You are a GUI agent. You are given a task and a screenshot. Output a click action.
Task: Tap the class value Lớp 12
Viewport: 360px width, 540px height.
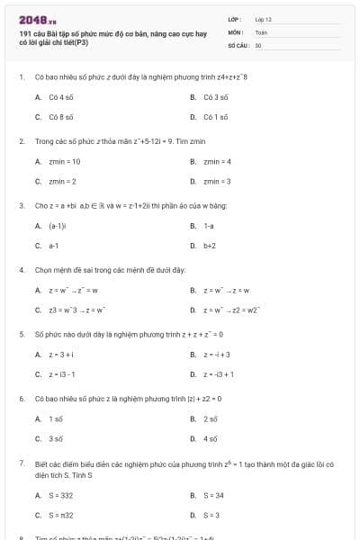(263, 19)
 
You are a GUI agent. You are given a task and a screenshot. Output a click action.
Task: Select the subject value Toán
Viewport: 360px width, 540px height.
(261, 31)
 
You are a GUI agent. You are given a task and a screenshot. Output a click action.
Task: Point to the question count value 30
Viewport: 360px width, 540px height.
(258, 44)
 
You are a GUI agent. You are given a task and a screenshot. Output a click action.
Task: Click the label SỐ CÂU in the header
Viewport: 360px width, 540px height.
(238, 44)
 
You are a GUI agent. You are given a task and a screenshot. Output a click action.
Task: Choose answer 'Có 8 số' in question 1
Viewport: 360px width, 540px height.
(60, 116)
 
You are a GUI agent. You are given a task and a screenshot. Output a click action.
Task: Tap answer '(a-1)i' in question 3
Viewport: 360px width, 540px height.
(56, 225)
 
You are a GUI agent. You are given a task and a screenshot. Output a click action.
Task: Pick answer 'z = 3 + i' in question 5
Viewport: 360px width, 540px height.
(61, 354)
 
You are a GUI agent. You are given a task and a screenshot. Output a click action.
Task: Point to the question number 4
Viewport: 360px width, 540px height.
(21, 269)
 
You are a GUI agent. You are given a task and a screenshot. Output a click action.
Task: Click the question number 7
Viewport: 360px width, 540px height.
(21, 463)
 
